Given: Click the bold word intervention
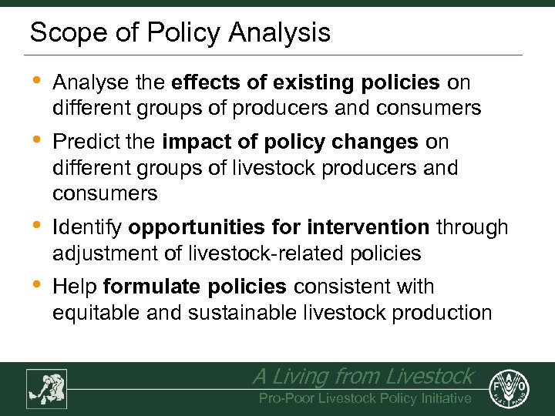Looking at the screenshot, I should (x=368, y=228).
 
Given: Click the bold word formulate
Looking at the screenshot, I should (x=148, y=287).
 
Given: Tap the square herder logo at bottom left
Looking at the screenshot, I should (x=46, y=388).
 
